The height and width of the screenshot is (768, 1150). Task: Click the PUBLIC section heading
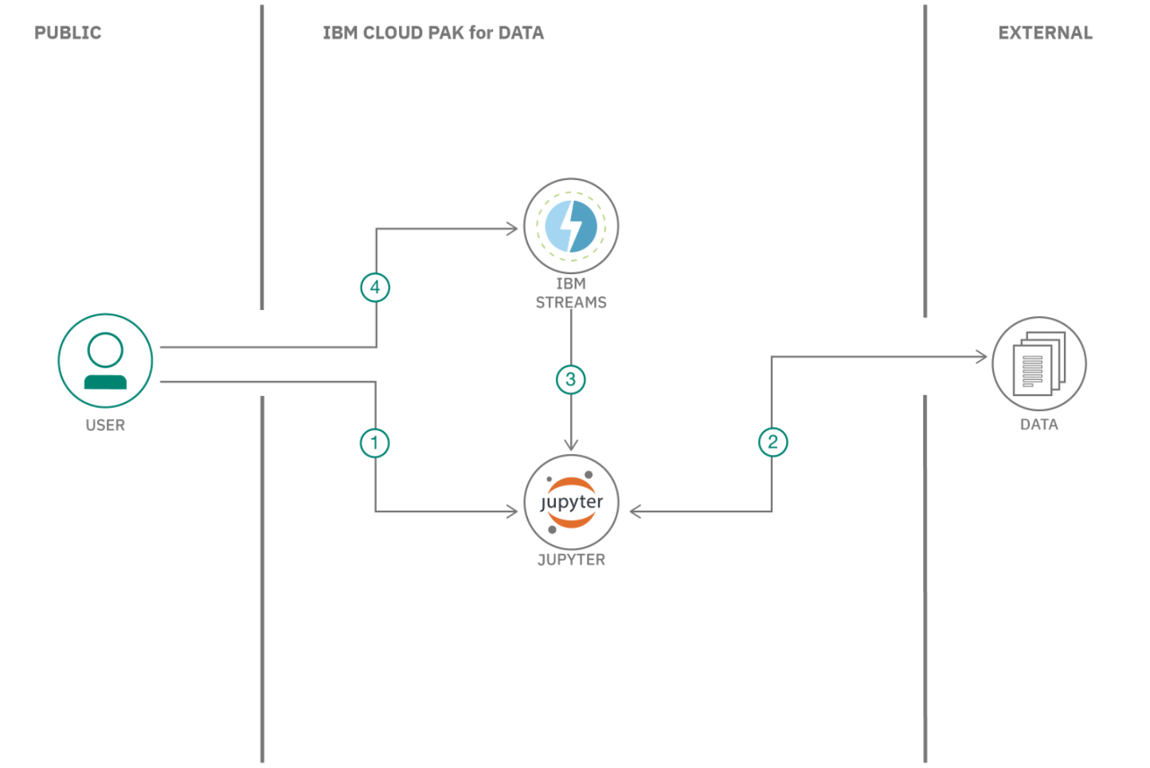pos(68,33)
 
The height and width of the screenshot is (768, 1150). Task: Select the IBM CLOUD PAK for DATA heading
pos(433,33)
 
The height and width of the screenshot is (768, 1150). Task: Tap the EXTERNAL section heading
pos(1045,33)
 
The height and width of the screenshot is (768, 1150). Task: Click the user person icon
pos(105,361)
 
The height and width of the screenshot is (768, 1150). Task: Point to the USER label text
pos(105,425)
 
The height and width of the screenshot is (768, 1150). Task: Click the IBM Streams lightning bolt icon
pos(571,226)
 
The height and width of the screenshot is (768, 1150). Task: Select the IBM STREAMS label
pos(571,293)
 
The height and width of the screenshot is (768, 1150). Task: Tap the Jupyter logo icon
pos(571,502)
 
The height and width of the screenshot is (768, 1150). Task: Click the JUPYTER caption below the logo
pos(571,560)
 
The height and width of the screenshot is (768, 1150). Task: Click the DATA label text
pos(1039,425)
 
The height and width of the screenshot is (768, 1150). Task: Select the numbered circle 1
pos(375,443)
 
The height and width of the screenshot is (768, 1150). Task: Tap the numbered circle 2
pos(773,442)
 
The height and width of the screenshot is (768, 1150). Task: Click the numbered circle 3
pos(570,379)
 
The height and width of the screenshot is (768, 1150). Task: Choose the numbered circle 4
pos(375,288)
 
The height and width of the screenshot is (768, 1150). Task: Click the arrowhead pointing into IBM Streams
pos(513,229)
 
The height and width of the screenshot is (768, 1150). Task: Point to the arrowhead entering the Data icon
pos(982,357)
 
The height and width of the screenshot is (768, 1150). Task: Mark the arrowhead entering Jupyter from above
pos(571,445)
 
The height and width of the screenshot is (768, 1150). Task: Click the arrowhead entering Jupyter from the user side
pos(513,511)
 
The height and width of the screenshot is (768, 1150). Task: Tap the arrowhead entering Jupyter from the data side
pos(636,511)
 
